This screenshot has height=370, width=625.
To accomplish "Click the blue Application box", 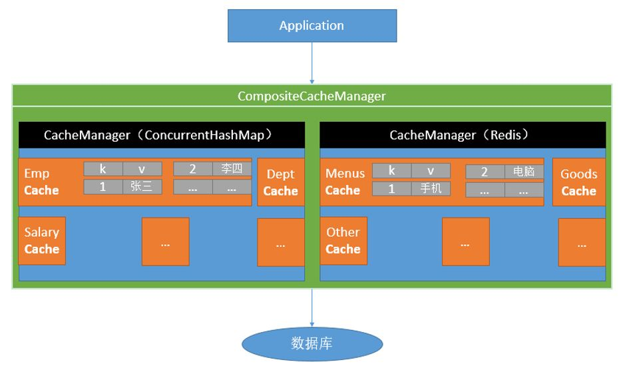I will (312, 27).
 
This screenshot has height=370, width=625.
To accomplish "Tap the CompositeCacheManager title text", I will (312, 96).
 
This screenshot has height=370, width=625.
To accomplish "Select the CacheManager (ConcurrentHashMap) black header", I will (162, 135).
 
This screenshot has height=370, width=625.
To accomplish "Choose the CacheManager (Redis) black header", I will (463, 135).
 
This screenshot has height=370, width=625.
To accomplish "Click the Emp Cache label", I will (41, 182).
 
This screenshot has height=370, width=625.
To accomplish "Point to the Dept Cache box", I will (280, 182).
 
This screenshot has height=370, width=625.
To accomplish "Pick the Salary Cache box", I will (41, 240).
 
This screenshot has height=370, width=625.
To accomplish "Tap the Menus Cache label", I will (345, 182).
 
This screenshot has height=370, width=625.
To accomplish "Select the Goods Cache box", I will (578, 182).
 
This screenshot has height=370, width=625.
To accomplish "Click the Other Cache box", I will (343, 240).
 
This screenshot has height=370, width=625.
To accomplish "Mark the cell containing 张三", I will (142, 187).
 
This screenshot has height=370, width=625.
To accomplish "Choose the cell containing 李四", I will (232, 169).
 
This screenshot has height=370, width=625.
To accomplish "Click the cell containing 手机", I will (431, 188).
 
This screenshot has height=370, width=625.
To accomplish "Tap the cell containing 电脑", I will (524, 172).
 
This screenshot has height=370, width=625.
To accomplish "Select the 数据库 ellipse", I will (312, 343).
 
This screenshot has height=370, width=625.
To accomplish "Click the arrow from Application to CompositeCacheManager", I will (312, 63).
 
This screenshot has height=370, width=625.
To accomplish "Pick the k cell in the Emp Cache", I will (103, 169).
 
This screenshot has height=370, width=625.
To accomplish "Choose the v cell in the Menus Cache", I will (431, 171).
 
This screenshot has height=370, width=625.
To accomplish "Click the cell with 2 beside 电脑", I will (485, 172).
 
